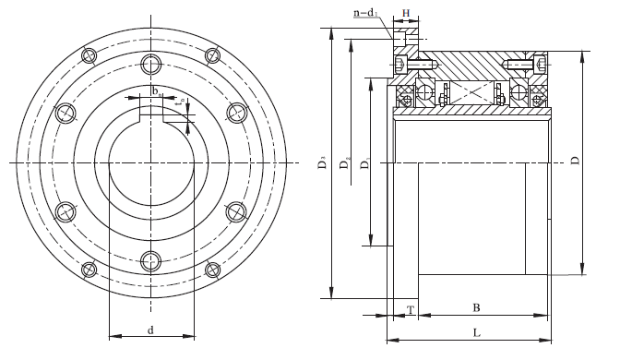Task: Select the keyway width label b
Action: [156, 91]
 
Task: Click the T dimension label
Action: [409, 308]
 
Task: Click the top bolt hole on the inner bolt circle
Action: [150, 64]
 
